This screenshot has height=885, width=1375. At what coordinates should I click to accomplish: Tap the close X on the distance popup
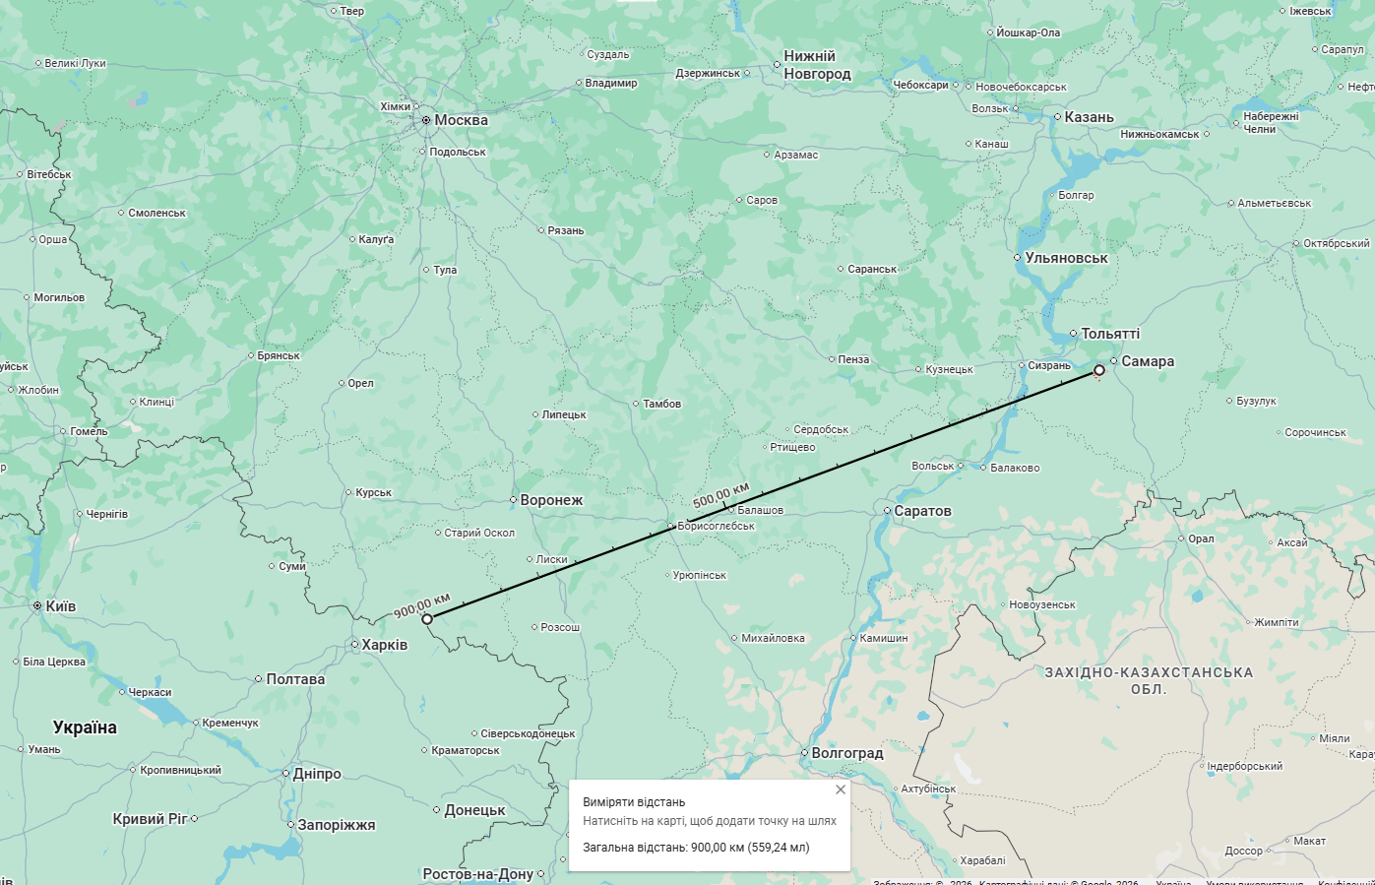point(840,790)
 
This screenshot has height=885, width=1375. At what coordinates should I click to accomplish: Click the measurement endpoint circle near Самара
point(1099,371)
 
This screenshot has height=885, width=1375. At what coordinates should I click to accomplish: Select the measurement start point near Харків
point(427,619)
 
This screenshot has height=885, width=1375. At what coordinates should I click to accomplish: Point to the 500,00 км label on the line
point(720,494)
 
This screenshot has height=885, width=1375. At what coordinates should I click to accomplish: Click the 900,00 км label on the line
point(421,605)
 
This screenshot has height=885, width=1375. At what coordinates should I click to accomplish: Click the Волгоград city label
point(846,753)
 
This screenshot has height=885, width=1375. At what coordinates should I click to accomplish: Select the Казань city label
point(1088,117)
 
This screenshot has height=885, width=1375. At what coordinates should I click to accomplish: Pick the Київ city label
point(60,606)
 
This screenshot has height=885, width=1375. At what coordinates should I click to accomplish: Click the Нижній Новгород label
point(816,65)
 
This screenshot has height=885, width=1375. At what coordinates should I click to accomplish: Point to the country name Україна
point(85,727)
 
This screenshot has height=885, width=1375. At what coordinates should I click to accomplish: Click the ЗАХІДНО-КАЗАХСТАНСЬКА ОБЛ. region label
point(1149,680)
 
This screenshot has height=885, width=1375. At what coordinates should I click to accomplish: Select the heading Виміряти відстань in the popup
point(634,802)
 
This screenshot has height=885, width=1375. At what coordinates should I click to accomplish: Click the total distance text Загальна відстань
point(696,847)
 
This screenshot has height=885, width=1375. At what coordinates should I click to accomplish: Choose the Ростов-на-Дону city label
point(477,874)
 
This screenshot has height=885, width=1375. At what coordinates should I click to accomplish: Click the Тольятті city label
point(1109,334)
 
